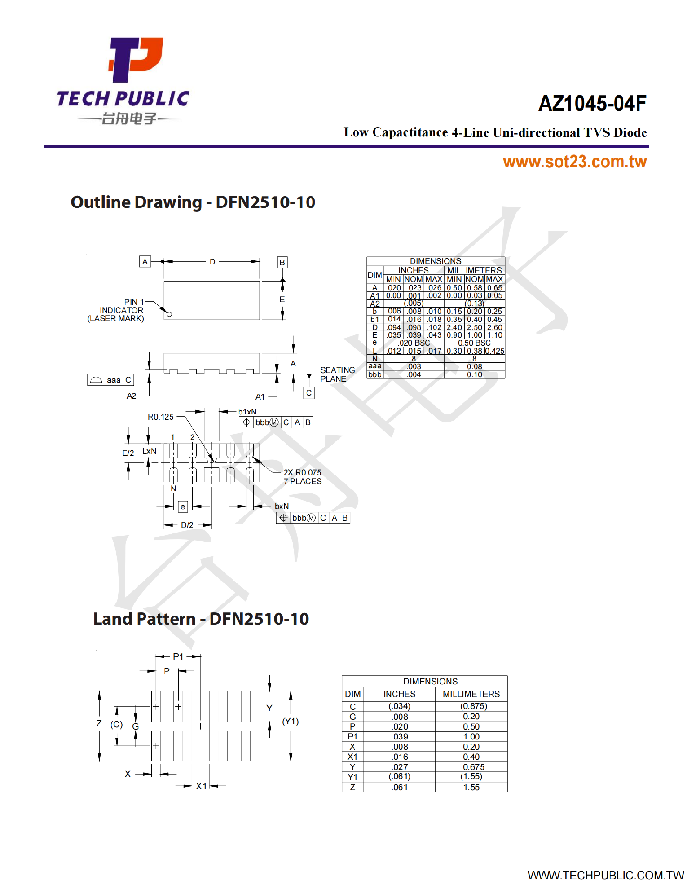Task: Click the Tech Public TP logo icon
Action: pos(135,60)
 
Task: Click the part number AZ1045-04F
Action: pos(592,103)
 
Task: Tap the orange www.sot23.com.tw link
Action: pos(574,162)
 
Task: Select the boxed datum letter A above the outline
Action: pos(145,262)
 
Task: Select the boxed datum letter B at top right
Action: pos(282,262)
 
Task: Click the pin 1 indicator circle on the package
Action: pos(169,314)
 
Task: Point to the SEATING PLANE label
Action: pos(337,374)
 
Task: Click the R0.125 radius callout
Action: pos(160,417)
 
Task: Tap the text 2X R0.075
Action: pos(302,472)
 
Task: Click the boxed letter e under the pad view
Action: pos(182,507)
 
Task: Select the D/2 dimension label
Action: pos(187,525)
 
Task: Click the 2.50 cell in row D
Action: pos(474,328)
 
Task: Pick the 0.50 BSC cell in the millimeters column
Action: pos(474,343)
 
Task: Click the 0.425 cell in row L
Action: pos(495,351)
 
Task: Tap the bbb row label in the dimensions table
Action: pos(374,374)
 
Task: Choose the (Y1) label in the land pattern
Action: pos(290,721)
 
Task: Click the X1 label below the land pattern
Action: pos(201,786)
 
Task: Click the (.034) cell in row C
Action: pos(399,706)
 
